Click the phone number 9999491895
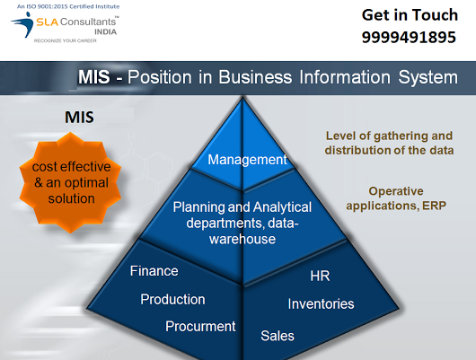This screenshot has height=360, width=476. point(409,38)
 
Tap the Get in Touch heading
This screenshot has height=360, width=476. point(410,15)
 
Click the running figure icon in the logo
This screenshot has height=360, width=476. point(22,24)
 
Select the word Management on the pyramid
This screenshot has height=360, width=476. point(247,160)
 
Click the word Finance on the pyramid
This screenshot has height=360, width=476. point(154,271)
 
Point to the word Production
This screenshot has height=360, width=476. point(172,299)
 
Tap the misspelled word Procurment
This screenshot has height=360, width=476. point(200,326)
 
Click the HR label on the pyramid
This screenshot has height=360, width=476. point(320,276)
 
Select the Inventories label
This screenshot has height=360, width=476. point(322,303)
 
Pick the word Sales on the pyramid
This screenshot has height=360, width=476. point(278,336)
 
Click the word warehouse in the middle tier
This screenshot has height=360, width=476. point(242,239)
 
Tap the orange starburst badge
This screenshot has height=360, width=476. point(70,182)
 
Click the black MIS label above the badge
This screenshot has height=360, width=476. point(79,118)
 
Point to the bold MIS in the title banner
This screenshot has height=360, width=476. point(93,77)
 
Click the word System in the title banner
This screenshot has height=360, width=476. point(428,77)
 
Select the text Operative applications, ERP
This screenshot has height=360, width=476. point(396,198)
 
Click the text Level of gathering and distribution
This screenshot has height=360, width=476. point(389,143)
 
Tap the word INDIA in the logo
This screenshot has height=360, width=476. point(106,32)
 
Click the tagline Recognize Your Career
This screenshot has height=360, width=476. point(66,40)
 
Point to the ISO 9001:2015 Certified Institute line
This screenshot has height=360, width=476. point(68,6)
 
